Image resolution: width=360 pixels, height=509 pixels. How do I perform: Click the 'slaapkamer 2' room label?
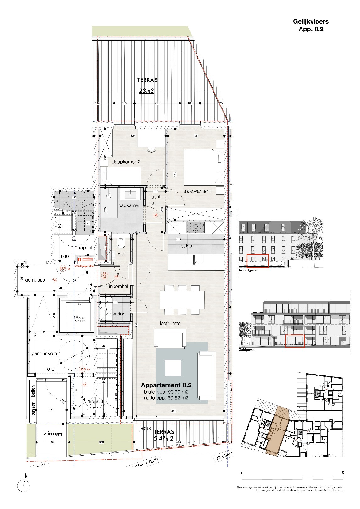(x=126, y=162)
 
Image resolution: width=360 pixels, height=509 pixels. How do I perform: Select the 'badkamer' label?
(x=129, y=205)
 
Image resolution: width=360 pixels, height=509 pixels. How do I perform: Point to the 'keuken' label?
(x=186, y=246)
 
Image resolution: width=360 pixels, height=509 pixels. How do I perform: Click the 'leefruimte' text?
(x=170, y=323)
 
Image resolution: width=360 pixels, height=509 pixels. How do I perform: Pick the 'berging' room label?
(x=118, y=314)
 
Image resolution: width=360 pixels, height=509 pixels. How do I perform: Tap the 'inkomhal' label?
(x=118, y=287)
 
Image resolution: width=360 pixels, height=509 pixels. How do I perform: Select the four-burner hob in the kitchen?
(x=196, y=227)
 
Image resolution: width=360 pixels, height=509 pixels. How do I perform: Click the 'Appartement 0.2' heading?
(x=166, y=385)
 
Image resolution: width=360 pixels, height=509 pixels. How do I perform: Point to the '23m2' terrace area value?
(x=147, y=91)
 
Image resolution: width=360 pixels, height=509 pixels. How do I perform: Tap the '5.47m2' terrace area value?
(x=163, y=438)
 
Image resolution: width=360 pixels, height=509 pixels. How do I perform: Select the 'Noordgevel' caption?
(x=248, y=270)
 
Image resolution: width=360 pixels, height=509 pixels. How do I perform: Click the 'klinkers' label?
(x=53, y=434)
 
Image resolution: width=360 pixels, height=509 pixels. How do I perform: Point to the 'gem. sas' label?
(x=35, y=280)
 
